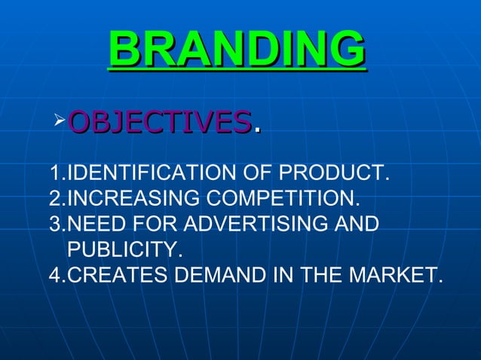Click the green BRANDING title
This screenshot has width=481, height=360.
click(x=237, y=50)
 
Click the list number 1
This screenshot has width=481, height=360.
click(x=52, y=176)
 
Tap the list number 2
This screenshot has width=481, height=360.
click(x=53, y=200)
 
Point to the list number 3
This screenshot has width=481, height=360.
click(x=53, y=224)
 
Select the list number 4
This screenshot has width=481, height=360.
click(x=53, y=274)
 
